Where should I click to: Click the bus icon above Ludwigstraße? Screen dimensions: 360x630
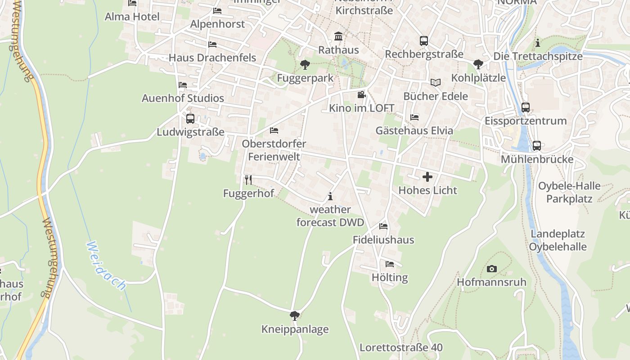pos(190,119)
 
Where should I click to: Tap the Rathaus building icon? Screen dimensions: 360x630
pos(338,36)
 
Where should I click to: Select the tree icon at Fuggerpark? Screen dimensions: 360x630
pos(305,65)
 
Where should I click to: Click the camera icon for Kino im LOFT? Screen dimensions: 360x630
pos(361,95)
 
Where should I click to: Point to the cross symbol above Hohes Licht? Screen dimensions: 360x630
pos(427,177)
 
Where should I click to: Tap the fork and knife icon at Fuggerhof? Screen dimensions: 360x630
pos(248,180)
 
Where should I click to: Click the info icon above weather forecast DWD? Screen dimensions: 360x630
pos(330,196)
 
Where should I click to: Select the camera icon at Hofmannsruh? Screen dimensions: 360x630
pos(492,269)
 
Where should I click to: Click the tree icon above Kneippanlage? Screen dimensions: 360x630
pos(295,316)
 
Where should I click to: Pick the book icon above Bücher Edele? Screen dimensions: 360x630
pos(435,82)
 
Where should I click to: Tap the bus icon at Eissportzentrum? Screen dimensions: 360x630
pos(525,108)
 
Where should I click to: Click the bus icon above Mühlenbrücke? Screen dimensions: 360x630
pos(536,146)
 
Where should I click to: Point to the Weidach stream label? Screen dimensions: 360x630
pos(106,265)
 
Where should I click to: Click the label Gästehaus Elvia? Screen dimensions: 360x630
pos(414,130)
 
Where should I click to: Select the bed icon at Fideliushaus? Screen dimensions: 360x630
pos(383,226)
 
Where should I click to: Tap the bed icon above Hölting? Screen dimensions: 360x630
pos(390,264)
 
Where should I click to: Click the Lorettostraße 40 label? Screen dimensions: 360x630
pos(401,347)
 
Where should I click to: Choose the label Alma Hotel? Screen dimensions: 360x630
pos(132,17)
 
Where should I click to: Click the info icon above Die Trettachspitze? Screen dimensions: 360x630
pos(538,43)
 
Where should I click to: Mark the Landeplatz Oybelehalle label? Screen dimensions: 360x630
pos(558,240)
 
